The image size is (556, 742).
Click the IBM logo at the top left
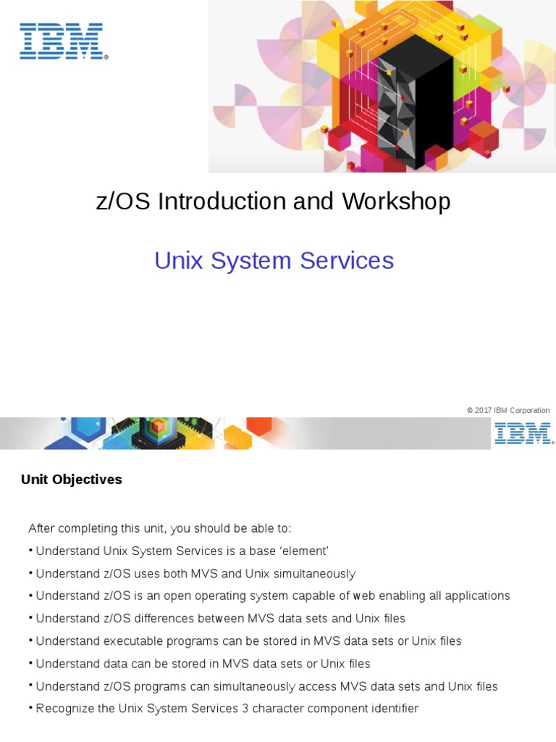(63, 41)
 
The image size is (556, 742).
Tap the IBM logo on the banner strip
(523, 433)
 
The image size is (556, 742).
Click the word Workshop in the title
(397, 201)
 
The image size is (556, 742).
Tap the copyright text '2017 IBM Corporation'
(512, 410)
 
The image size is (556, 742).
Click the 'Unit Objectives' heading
(71, 480)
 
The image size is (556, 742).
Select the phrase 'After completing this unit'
(96, 528)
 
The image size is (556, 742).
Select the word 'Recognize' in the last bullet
(64, 708)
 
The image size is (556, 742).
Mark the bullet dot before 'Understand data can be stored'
(31, 663)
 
